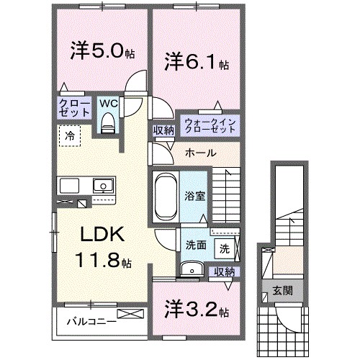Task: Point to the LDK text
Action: click(x=102, y=235)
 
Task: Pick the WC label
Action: click(x=108, y=103)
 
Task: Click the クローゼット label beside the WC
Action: click(x=75, y=109)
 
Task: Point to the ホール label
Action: click(x=199, y=153)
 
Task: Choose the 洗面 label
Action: click(x=195, y=244)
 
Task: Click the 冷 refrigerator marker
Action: click(x=70, y=135)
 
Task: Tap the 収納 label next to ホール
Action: click(x=163, y=130)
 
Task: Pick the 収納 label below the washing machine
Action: click(x=224, y=271)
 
